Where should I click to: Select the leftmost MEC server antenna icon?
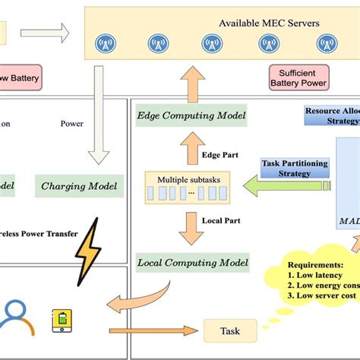point(107,44)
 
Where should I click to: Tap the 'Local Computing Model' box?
point(193,263)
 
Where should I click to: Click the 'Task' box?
point(229,330)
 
